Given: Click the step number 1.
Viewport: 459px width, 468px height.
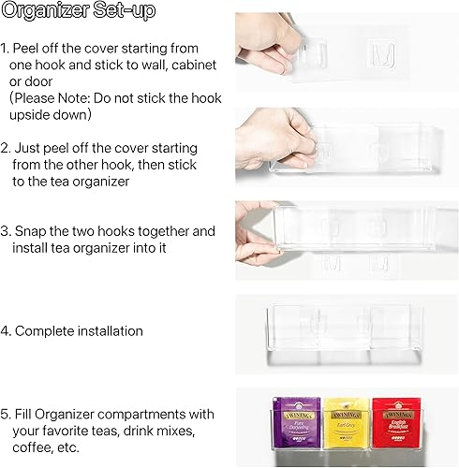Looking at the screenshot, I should (x=5, y=46).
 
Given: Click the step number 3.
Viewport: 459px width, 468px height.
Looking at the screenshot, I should (x=6, y=231).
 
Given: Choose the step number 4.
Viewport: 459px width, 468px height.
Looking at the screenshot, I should (x=6, y=330).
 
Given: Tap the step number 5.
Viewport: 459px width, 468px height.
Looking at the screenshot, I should (x=6, y=414).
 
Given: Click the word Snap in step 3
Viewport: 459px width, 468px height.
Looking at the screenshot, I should (x=31, y=231).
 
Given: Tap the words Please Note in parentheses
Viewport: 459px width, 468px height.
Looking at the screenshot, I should (x=55, y=96).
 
